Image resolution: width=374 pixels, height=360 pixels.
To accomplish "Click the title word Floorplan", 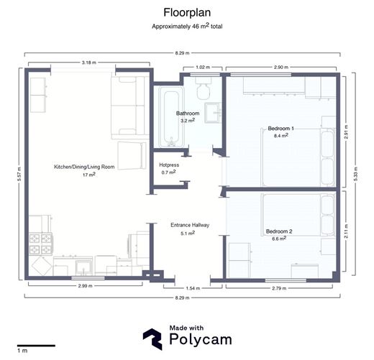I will (187, 12).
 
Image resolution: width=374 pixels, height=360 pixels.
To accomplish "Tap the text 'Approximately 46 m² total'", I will (187, 26).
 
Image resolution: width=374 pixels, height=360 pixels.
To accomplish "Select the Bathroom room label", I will (188, 114).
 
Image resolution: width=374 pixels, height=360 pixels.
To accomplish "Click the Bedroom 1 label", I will (280, 128).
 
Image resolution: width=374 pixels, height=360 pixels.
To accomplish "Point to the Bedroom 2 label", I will (278, 231).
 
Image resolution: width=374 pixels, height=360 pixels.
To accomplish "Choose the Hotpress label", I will (168, 165).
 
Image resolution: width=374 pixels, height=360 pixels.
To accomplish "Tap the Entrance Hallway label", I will (190, 225).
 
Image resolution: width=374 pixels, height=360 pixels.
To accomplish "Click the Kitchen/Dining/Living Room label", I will (84, 167).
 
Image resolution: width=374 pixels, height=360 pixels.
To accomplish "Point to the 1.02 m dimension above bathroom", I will (203, 67).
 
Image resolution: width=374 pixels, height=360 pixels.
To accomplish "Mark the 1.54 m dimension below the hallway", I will (193, 288).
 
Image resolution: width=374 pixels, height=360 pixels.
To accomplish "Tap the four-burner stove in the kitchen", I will (40, 243).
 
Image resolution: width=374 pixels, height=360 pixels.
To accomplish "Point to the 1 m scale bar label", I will (22, 351).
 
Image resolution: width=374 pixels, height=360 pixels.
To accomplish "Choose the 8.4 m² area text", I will (280, 135).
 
